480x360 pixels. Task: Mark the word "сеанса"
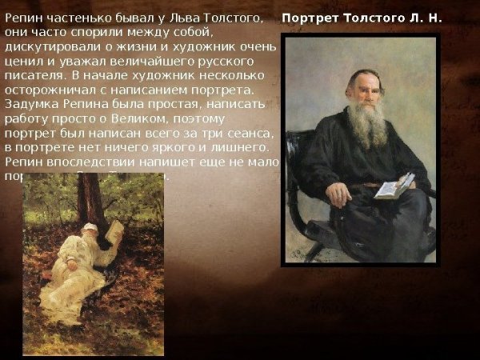click(254, 133)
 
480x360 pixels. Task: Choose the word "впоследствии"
click(90, 162)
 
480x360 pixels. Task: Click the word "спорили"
click(102, 33)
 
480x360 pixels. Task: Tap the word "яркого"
click(177, 147)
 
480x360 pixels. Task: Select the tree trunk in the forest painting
click(90, 200)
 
